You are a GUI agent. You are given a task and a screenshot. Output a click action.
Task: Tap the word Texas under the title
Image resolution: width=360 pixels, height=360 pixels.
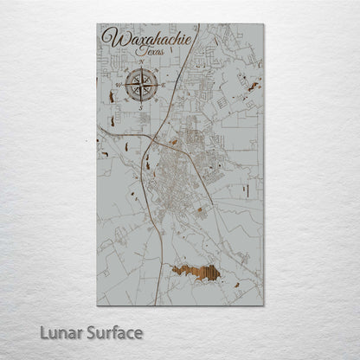(157, 53)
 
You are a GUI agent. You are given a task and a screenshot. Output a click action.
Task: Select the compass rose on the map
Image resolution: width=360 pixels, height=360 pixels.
(141, 86)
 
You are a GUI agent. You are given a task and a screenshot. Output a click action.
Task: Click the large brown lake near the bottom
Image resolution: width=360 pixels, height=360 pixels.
(196, 273)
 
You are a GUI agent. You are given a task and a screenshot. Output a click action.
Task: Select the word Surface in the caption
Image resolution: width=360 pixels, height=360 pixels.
(111, 331)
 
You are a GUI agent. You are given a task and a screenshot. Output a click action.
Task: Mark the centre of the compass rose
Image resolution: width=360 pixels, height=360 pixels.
(141, 86)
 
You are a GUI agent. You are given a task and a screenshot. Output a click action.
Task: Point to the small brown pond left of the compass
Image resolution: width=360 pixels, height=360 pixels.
(112, 96)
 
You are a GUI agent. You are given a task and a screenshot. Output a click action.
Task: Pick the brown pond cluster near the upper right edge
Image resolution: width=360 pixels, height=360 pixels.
(252, 86)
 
